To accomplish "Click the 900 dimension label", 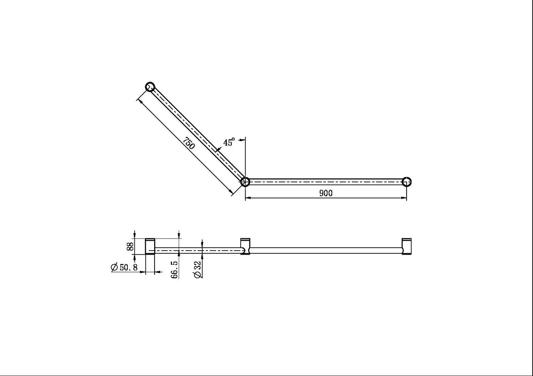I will pos(326,193).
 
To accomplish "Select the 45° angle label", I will pos(229,142).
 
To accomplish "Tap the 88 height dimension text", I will pos(130,246).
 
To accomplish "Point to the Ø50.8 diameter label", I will pos(125,267).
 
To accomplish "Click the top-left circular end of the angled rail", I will pos(150,86).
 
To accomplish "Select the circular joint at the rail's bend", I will pos(245,181).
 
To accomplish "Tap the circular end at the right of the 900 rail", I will pos(407,181).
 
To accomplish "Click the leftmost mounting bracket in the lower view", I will pos(150,246).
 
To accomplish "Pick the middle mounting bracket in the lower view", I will pos(245,247).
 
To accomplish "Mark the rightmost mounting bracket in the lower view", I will pos(407,246).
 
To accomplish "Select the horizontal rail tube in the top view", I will pos(325,181).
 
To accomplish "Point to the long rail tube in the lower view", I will pos(325,250).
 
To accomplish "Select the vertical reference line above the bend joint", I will pos(245,156).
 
